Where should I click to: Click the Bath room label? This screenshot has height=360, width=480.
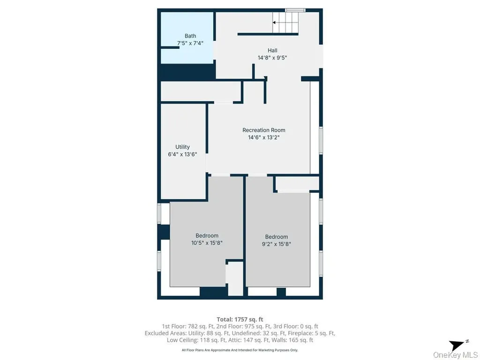pos(190,36)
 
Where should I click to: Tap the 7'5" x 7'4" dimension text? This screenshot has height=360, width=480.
pos(190,43)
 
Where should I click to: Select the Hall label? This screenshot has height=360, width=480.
pos(272,51)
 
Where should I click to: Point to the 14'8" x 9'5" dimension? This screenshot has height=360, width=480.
pos(272,58)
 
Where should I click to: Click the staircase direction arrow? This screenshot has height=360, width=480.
pos(274,22)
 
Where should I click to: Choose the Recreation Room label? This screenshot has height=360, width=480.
pos(264,130)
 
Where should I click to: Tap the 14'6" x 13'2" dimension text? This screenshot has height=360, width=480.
pos(264,137)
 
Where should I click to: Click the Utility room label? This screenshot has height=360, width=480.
pos(182,147)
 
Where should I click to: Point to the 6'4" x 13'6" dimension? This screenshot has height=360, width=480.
pos(182,154)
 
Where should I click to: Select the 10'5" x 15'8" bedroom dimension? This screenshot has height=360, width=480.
pos(207,243)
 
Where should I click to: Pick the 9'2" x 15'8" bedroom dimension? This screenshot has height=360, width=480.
pos(277,244)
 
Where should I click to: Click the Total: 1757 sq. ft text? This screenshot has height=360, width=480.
pos(240,320)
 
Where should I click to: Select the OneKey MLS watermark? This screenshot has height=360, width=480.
pos(456,354)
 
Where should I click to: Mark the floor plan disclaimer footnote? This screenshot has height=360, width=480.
pos(240,350)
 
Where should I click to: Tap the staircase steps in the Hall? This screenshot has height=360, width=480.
pos(285,22)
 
